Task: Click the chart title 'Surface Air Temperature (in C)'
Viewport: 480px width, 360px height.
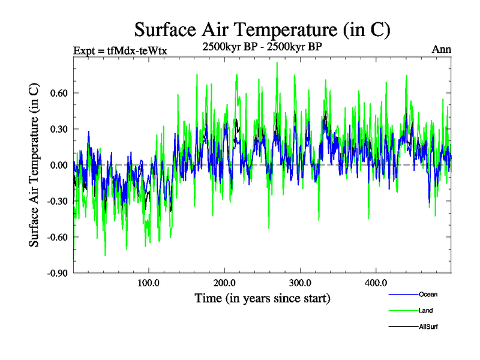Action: (x=263, y=28)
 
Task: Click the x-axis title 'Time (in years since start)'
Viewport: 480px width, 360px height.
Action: (x=262, y=298)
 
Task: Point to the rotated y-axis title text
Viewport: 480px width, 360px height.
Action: (x=35, y=165)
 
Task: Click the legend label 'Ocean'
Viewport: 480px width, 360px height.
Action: (x=428, y=295)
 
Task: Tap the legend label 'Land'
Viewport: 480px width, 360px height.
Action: (x=425, y=311)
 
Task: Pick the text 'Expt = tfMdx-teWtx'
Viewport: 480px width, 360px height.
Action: (x=119, y=50)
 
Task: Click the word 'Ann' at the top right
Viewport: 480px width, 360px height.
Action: (x=442, y=50)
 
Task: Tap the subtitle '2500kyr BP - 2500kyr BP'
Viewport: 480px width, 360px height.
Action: (x=263, y=46)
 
